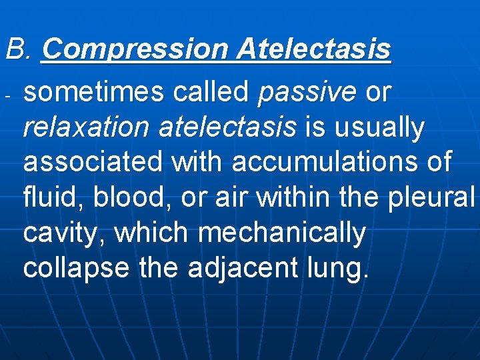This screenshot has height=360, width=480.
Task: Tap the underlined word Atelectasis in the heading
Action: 313,49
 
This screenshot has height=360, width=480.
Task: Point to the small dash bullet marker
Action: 7,95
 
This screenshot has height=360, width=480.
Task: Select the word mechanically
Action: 283,233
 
